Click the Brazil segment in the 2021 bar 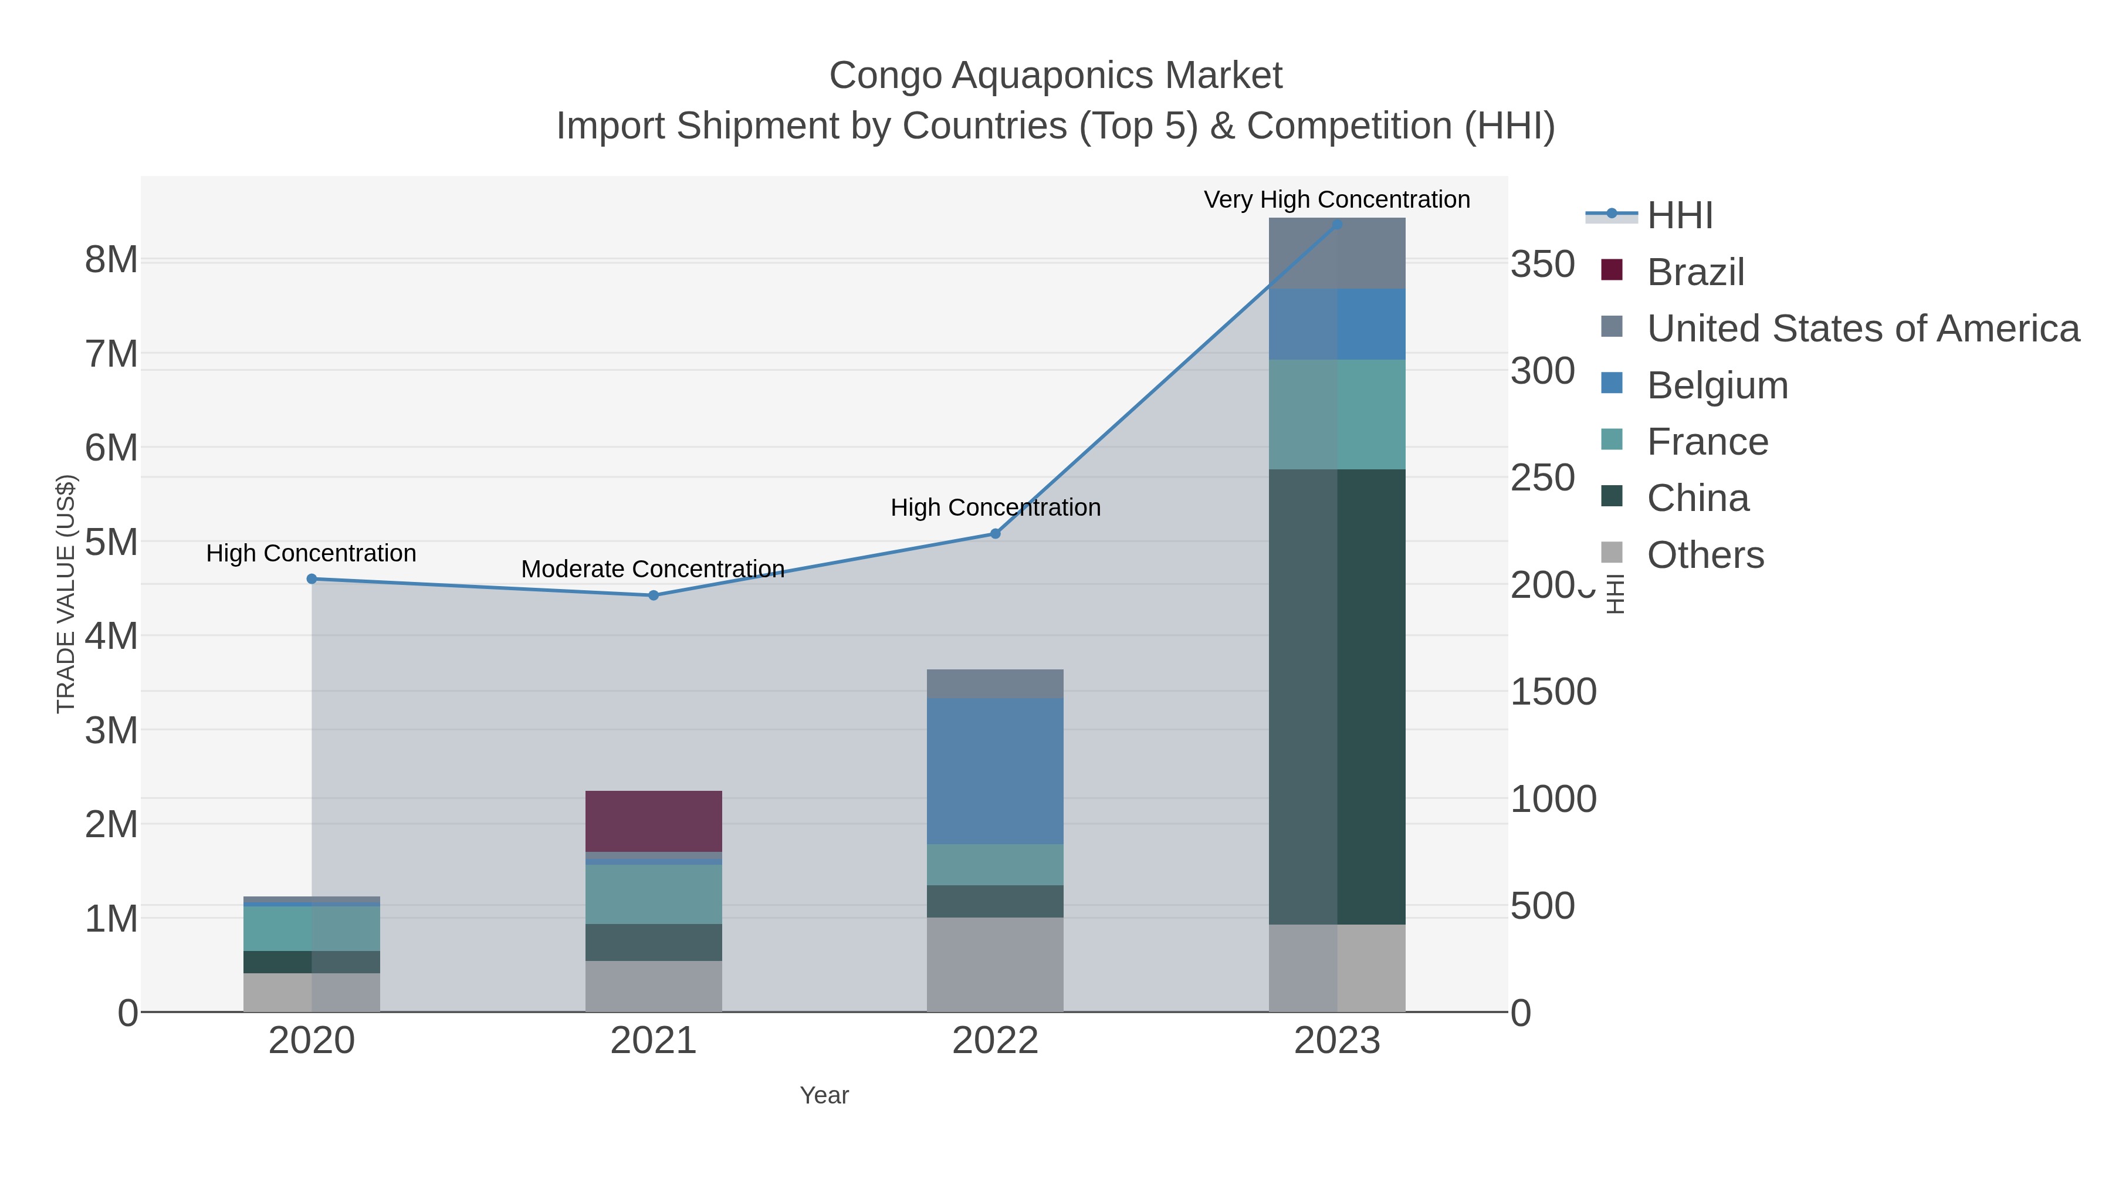(x=654, y=821)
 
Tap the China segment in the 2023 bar (x=1337, y=697)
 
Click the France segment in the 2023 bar (x=1337, y=414)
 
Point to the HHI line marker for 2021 (x=654, y=595)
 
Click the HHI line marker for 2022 (x=996, y=534)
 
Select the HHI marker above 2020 (x=312, y=579)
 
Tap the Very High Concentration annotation (x=1336, y=199)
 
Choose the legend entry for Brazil (x=1695, y=272)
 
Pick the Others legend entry (x=1704, y=554)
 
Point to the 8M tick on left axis (x=111, y=260)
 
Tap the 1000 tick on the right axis (x=1553, y=800)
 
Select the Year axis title (x=824, y=1095)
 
